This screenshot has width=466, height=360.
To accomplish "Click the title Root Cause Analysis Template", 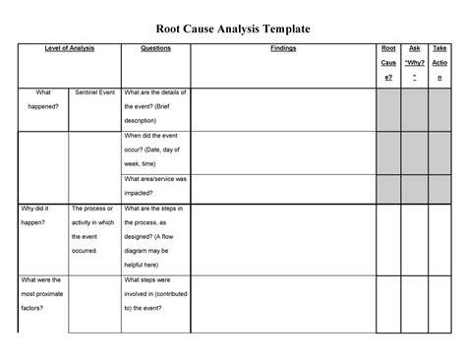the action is click(233, 29).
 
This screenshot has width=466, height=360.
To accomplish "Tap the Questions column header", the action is click(155, 47).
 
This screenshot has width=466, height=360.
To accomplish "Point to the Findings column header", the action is click(282, 47).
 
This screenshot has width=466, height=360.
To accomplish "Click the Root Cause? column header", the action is click(388, 62).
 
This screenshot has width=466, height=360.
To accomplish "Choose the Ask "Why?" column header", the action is click(416, 62).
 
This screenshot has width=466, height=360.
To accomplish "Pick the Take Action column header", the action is click(443, 62).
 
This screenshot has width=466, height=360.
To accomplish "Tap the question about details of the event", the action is click(155, 106).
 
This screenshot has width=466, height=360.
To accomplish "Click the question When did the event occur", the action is click(155, 150).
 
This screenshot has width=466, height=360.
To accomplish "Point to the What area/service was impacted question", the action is click(155, 186).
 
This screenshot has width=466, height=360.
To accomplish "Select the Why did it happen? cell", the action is click(42, 216).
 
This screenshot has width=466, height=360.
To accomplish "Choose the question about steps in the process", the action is click(155, 237).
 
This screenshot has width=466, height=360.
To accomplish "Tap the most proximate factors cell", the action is click(42, 294).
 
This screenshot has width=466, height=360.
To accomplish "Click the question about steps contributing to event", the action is click(155, 294).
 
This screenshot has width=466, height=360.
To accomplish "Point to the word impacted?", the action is click(144, 194).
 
